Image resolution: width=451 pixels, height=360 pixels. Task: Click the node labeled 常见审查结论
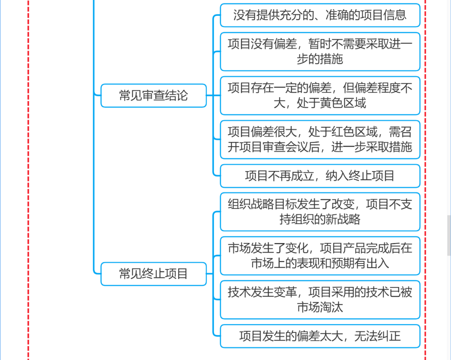153,96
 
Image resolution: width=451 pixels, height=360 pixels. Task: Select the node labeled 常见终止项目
153,274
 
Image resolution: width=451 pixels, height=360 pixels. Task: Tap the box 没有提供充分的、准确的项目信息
320,15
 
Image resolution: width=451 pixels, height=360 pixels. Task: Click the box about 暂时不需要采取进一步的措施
320,51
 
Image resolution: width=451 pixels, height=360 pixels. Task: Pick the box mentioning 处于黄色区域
320,95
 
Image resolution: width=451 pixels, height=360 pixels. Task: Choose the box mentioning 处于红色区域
320,139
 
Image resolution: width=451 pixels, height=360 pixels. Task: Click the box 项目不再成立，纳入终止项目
320,176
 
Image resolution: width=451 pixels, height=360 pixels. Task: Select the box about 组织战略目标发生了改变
320,211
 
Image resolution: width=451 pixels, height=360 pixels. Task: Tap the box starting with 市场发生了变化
320,256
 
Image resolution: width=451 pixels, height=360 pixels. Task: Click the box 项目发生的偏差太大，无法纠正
320,336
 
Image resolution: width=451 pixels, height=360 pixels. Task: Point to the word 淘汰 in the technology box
332,307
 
